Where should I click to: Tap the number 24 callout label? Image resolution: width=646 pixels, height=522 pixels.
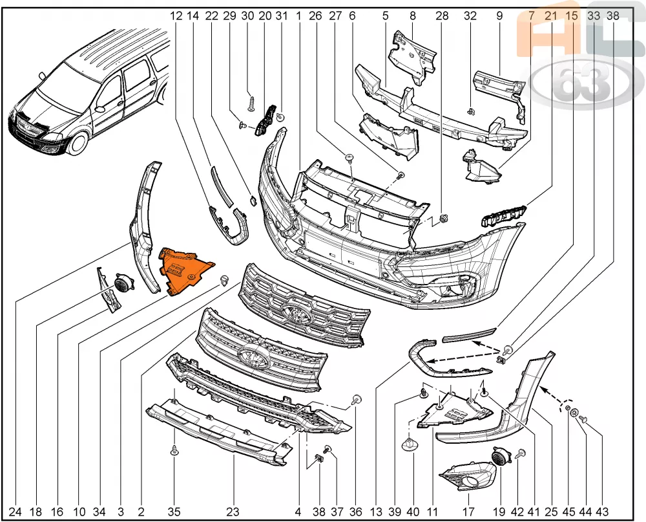(15, 512)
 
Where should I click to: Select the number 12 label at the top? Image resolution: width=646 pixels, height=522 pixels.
(176, 16)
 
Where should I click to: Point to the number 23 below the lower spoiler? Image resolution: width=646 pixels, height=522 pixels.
(233, 512)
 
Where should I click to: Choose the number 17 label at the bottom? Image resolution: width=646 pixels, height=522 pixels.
(468, 512)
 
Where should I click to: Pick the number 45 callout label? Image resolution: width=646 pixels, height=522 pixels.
(568, 512)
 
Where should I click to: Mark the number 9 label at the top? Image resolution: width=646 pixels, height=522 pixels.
(499, 16)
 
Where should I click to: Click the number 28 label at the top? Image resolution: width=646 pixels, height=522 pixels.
(442, 16)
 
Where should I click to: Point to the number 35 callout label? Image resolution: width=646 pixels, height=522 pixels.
(174, 512)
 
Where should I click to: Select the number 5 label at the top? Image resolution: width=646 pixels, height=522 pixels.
(385, 16)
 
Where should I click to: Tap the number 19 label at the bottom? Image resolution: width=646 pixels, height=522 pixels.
(499, 512)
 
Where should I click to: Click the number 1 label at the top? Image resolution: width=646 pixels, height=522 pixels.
(298, 16)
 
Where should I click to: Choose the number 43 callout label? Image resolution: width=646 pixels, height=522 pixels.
(602, 512)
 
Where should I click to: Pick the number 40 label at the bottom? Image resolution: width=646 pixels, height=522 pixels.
(413, 512)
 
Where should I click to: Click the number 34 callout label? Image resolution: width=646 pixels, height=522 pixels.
(99, 512)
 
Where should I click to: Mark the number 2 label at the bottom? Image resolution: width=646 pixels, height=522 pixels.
(141, 512)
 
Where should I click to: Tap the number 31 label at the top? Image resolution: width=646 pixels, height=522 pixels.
(282, 16)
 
